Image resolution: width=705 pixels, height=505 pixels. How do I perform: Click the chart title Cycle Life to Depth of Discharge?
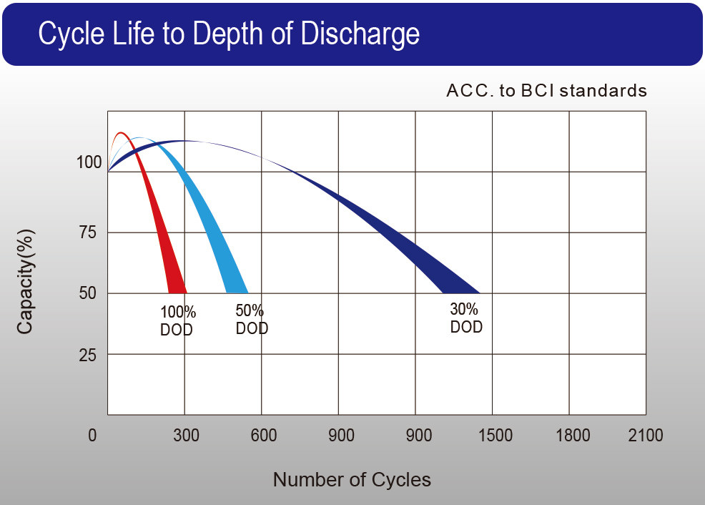coord(228,34)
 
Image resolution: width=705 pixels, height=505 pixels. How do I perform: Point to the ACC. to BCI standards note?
coord(546,91)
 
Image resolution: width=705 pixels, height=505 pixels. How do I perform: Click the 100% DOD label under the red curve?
coord(177,321)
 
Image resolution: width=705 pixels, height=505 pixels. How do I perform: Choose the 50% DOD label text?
coord(252,320)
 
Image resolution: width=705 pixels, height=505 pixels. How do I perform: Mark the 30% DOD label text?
coord(466,318)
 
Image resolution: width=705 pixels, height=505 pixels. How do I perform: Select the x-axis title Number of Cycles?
coord(352,479)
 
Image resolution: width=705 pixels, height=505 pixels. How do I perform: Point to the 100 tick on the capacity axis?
coord(89,163)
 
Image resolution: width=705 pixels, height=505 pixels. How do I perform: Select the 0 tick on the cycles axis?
coord(92,436)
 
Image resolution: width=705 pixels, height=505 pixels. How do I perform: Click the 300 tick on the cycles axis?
coord(186,436)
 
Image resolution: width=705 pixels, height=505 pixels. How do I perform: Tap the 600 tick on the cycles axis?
coord(264,436)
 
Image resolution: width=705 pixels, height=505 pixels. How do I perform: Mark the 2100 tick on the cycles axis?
coord(646,436)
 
